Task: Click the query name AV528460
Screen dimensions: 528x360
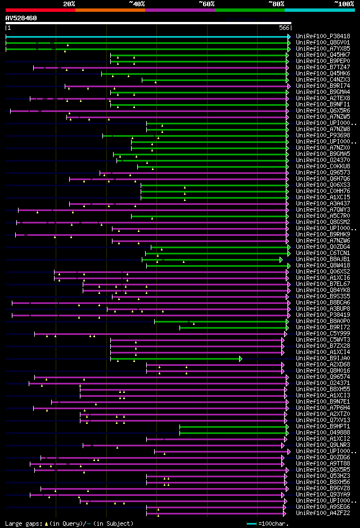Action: (x=21, y=18)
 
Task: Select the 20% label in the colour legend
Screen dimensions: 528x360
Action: (x=69, y=3)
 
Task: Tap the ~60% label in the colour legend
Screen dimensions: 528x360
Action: (x=206, y=3)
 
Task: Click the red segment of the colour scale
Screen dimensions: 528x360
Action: (x=40, y=10)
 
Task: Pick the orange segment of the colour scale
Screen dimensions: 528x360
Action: (x=110, y=10)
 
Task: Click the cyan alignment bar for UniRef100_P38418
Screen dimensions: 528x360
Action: (x=146, y=37)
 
